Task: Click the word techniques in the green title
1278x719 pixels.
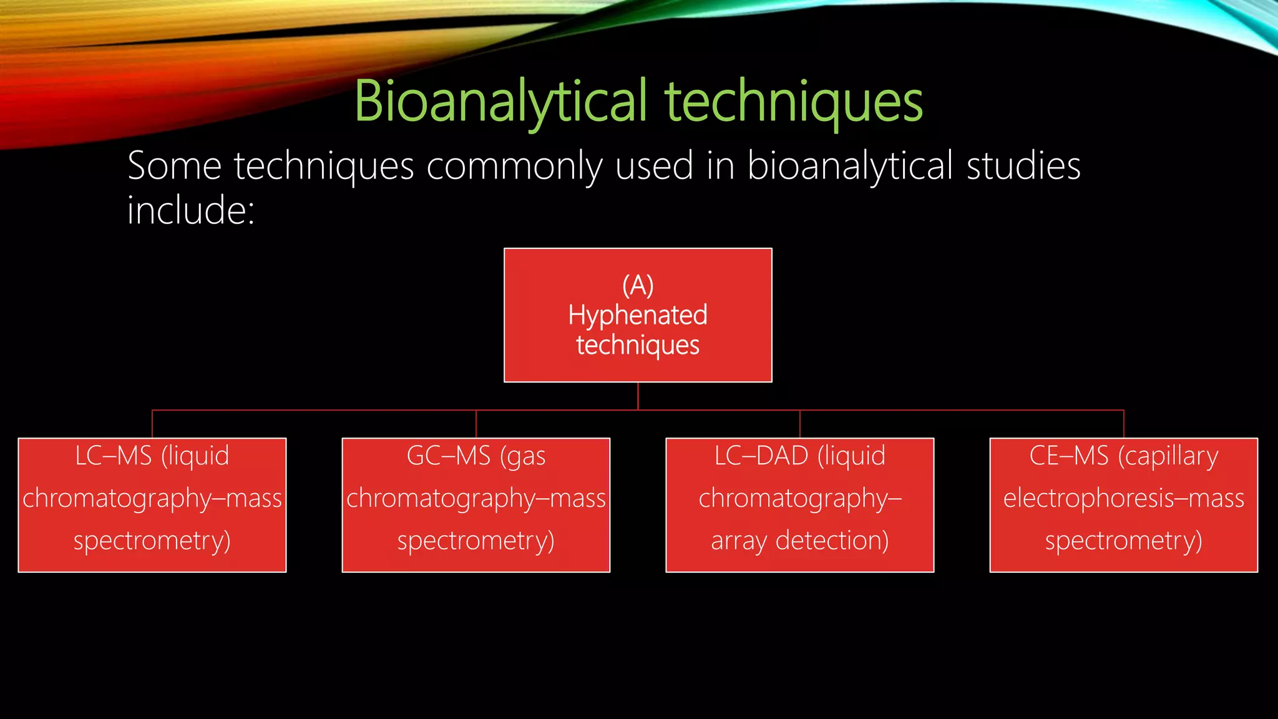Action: tap(793, 102)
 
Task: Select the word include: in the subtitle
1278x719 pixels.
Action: tap(191, 210)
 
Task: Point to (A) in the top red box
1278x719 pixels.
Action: tap(638, 286)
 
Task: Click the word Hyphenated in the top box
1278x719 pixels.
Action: tap(638, 315)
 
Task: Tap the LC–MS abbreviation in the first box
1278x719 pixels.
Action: tap(114, 456)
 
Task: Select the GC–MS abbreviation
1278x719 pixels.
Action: tap(449, 456)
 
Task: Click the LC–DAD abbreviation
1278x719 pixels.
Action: tap(761, 456)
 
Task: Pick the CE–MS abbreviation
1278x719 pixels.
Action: tap(1069, 456)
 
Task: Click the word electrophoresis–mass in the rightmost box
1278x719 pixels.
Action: tap(1123, 498)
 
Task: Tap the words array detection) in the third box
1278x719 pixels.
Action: tap(799, 540)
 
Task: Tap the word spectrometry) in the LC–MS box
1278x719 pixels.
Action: tap(152, 540)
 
